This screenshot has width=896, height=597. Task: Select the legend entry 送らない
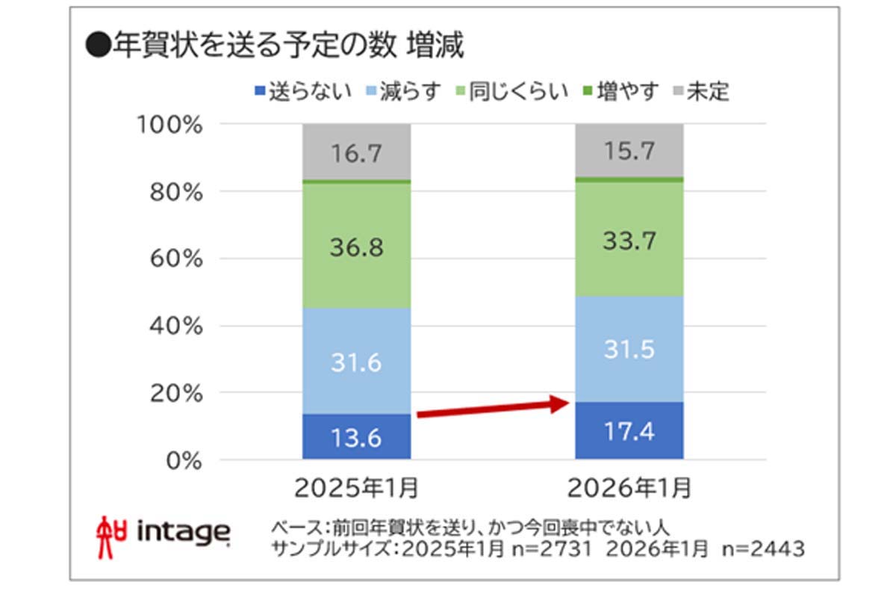pos(293,92)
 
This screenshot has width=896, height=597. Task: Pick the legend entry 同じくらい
pos(511,92)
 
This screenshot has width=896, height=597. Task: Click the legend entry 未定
pos(700,92)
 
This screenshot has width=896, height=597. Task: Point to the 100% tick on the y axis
pos(171,124)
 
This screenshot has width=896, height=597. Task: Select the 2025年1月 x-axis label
pos(356,489)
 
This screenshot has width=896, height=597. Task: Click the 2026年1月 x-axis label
pos(629,489)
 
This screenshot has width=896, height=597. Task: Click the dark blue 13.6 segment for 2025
pos(356,437)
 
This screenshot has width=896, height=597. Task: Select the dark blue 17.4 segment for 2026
pos(629,431)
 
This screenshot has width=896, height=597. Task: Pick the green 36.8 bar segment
pos(356,247)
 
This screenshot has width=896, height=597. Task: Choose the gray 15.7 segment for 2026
pos(629,151)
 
